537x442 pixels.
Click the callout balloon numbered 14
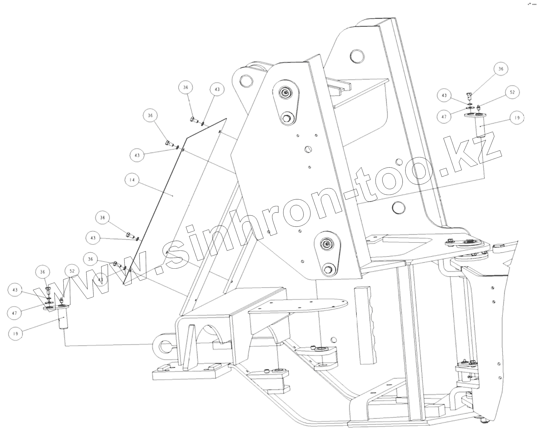pyautogui.click(x=132, y=180)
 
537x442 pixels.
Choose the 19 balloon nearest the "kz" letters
pyautogui.click(x=516, y=118)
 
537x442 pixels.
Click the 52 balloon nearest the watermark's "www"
pyautogui.click(x=72, y=271)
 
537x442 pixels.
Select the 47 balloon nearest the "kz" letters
pyautogui.click(x=444, y=117)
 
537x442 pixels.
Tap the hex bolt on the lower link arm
pyautogui.click(x=328, y=270)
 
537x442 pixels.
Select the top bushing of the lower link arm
pyautogui.click(x=327, y=244)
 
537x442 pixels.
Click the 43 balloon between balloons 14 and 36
pyautogui.click(x=137, y=155)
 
